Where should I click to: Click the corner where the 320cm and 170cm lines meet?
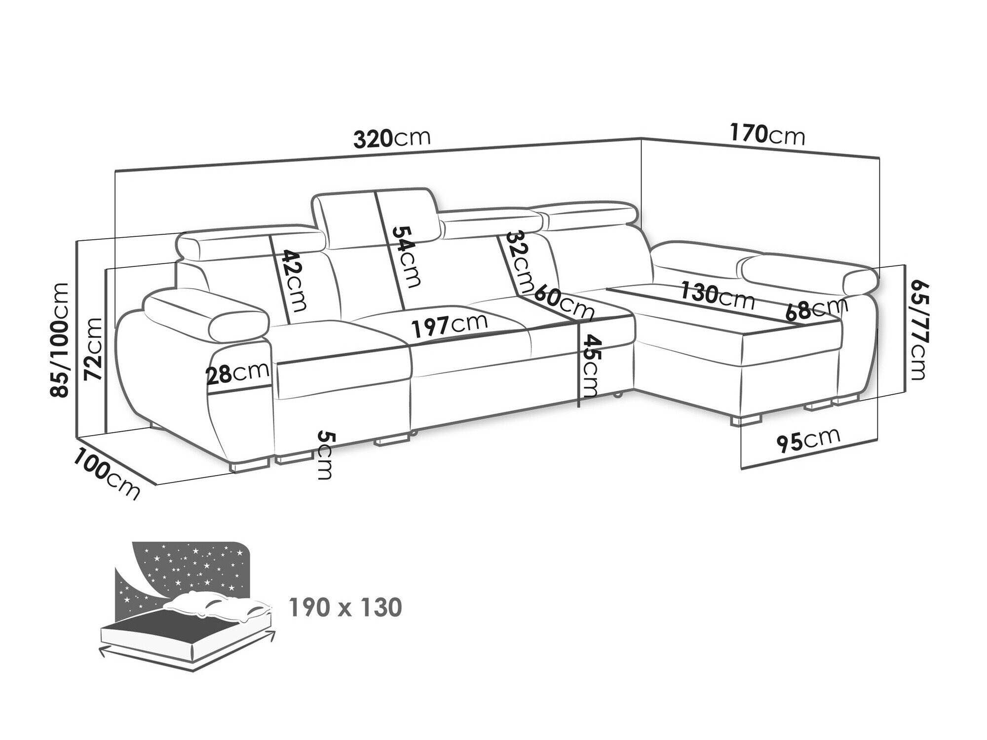click(x=641, y=138)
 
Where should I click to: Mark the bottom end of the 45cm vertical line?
click(x=578, y=407)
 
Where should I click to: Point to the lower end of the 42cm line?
click(x=288, y=324)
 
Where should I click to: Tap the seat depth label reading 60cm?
click(x=563, y=300)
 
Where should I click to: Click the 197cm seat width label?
click(x=450, y=325)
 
